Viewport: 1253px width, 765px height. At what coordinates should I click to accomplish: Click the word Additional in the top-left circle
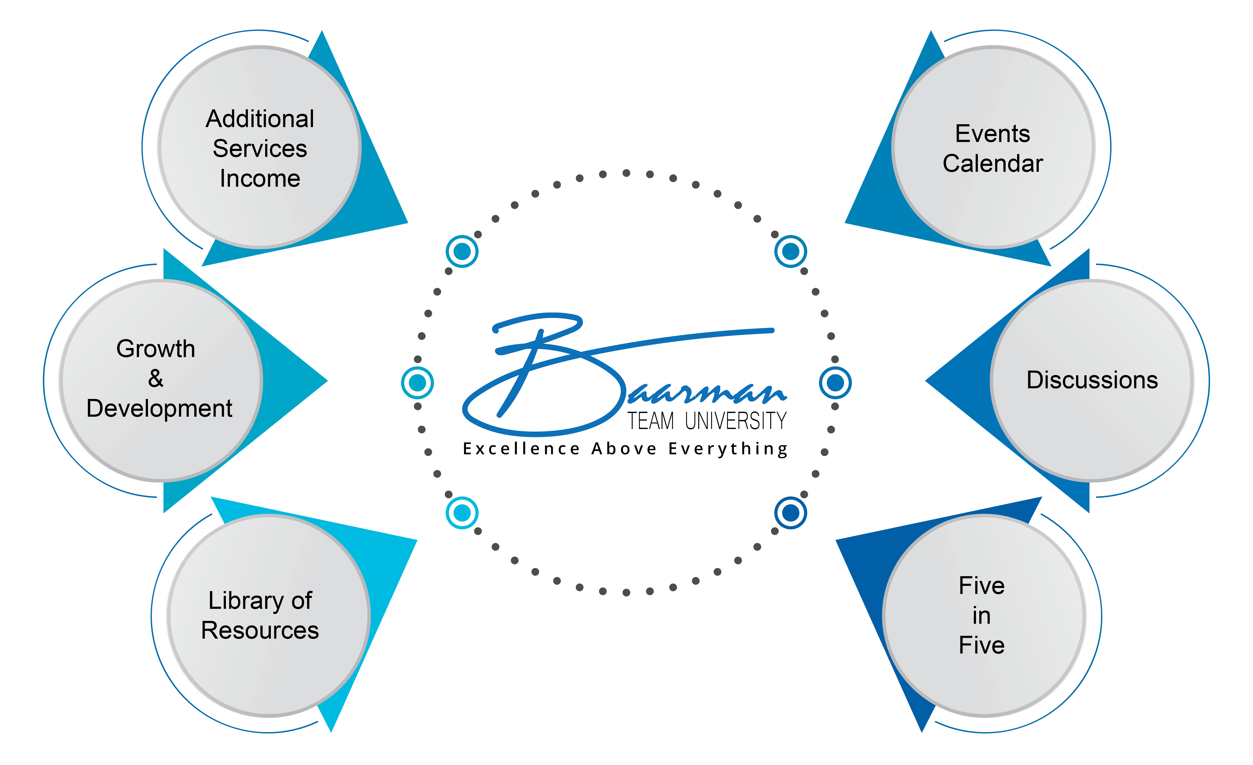click(x=260, y=119)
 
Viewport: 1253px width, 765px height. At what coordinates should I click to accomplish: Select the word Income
click(x=260, y=178)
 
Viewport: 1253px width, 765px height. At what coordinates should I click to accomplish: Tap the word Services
click(x=260, y=148)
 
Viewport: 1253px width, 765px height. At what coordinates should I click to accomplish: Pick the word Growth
click(x=156, y=349)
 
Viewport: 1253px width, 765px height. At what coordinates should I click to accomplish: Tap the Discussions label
click(x=1092, y=380)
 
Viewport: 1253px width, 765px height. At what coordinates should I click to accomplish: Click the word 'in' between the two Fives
click(x=981, y=616)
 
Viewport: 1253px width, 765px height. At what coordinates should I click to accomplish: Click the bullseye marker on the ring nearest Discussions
click(x=835, y=383)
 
